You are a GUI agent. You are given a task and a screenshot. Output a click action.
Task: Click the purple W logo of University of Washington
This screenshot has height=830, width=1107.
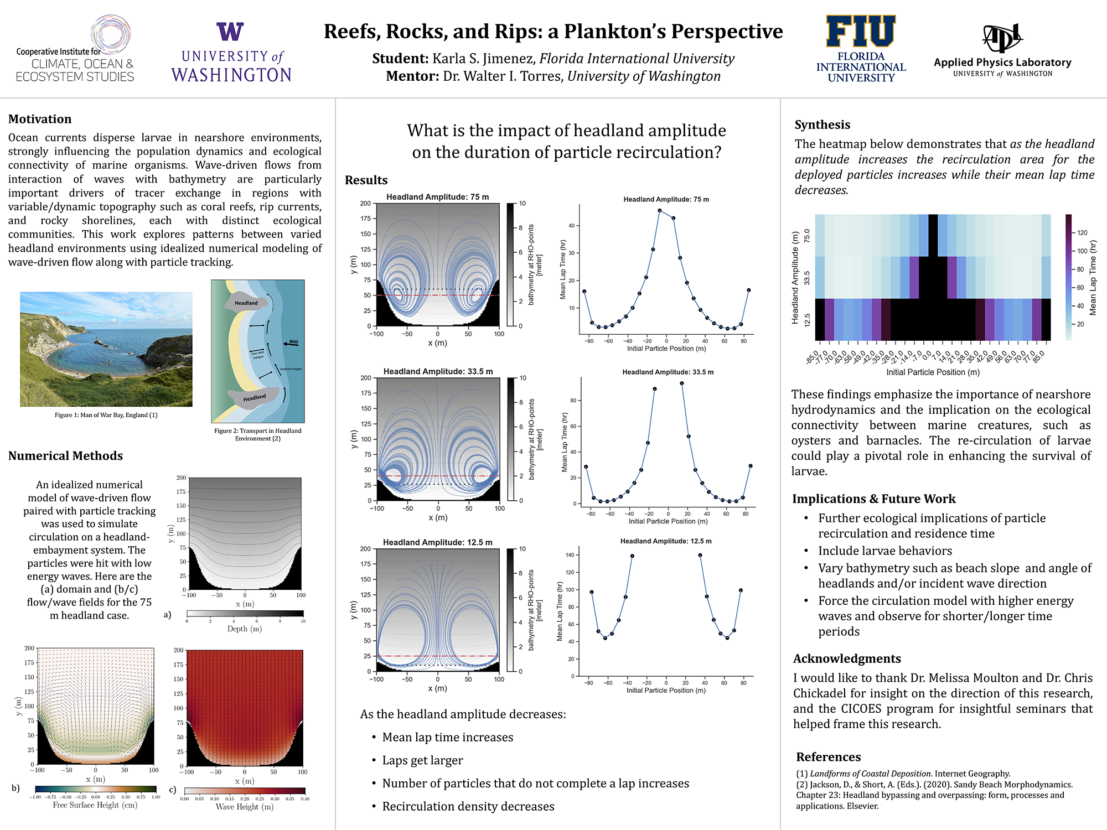[x=230, y=32]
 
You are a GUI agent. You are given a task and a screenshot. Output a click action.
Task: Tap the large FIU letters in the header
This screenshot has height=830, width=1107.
[x=861, y=32]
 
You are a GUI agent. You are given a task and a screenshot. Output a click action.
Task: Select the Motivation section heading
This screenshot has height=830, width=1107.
[x=40, y=119]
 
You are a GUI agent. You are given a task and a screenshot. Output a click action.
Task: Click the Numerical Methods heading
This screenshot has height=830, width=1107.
[x=65, y=456]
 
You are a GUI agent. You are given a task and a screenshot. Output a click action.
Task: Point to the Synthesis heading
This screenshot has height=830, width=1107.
[x=823, y=124]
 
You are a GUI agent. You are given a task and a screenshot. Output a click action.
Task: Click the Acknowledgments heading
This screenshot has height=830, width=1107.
[x=847, y=658]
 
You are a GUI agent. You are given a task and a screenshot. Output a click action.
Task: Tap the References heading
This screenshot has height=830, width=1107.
[x=829, y=757]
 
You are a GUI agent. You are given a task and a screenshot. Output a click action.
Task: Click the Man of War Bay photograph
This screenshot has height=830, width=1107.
[x=106, y=349]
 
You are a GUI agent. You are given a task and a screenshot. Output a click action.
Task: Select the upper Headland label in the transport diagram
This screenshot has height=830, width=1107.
[x=246, y=303]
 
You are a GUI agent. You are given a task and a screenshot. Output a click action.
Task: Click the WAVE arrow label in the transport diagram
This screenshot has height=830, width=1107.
[x=293, y=342]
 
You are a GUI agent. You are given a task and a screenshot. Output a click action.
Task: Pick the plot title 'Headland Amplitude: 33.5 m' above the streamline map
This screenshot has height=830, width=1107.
[x=438, y=371]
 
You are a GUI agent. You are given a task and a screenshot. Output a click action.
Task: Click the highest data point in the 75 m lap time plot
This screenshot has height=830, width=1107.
[x=660, y=211]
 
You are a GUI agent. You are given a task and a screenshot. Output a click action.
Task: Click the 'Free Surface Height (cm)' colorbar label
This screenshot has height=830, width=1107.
[x=95, y=805]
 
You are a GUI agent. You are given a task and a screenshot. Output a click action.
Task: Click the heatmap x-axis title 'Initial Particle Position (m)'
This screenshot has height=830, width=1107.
[x=933, y=372]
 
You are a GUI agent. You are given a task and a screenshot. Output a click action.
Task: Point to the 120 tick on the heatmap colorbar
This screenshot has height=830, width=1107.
[x=1082, y=233]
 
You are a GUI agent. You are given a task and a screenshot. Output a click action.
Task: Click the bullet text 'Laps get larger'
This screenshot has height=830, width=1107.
[x=422, y=760]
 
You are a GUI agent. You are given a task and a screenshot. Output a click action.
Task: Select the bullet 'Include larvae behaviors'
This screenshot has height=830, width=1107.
[x=885, y=551]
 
